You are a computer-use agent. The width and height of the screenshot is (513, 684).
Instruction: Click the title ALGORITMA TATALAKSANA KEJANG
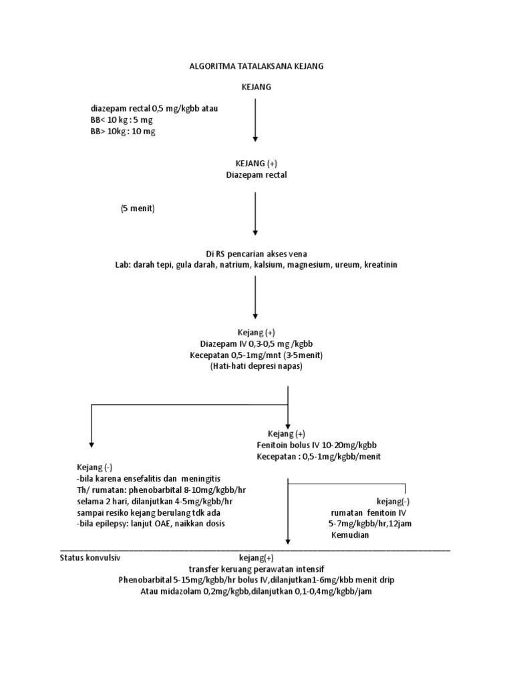pos(256,67)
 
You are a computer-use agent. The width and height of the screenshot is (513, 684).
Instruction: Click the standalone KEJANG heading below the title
pos(256,88)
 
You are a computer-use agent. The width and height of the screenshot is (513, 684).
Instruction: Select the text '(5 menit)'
pos(138,209)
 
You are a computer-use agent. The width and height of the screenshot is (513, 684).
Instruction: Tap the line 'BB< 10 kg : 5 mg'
pos(122,120)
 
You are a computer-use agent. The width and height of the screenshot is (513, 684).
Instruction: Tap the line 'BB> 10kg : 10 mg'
pos(123,132)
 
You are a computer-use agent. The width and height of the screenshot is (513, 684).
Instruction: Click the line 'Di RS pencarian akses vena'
pos(256,254)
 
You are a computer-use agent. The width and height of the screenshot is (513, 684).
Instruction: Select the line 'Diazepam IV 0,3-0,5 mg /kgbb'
pos(256,343)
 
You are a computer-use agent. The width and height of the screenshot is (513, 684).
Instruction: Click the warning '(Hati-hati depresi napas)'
pos(256,367)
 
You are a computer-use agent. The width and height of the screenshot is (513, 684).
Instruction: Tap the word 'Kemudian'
pos(349,535)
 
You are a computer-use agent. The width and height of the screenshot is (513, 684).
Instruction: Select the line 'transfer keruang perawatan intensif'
pos(256,569)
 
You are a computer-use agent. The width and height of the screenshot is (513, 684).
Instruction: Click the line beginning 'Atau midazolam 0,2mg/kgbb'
pos(256,591)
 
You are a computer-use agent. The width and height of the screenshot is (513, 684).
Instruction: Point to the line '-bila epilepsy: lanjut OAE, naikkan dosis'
pos(151,524)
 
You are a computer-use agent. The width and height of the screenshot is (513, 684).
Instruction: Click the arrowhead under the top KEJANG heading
pos(256,139)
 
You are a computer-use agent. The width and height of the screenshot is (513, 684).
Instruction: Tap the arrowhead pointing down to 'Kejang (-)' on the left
pos(92,444)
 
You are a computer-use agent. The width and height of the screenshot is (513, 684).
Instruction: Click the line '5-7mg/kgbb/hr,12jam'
pos(365,524)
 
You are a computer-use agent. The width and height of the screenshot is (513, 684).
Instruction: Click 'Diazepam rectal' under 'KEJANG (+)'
pos(256,175)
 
